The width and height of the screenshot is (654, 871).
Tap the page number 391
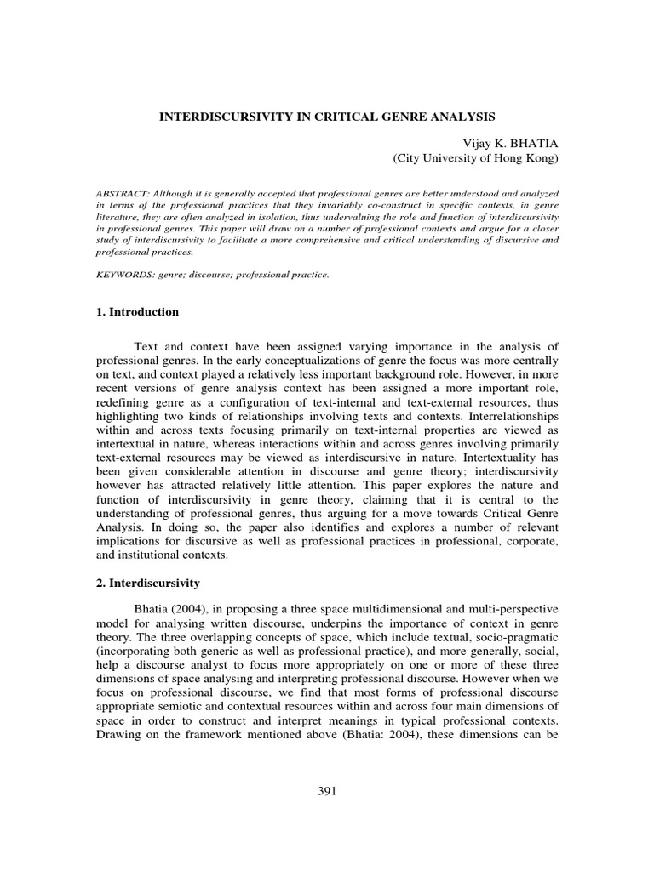pos(327,791)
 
